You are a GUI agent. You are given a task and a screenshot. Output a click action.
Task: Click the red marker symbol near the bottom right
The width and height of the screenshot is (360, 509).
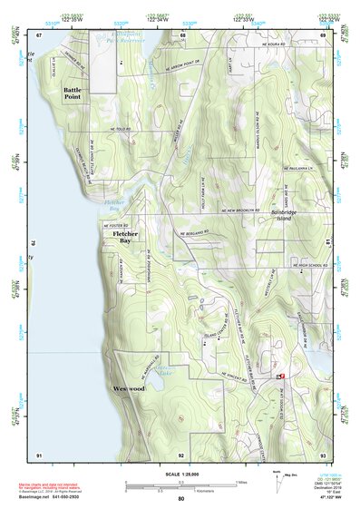pyautogui.click(x=281, y=375)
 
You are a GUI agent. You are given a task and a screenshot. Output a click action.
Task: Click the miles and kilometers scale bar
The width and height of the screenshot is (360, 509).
pyautogui.click(x=180, y=485)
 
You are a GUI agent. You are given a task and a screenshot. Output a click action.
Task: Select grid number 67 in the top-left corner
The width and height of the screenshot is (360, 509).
pyautogui.click(x=40, y=34)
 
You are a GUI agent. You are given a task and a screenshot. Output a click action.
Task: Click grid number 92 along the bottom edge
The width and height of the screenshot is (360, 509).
pyautogui.click(x=181, y=454)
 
